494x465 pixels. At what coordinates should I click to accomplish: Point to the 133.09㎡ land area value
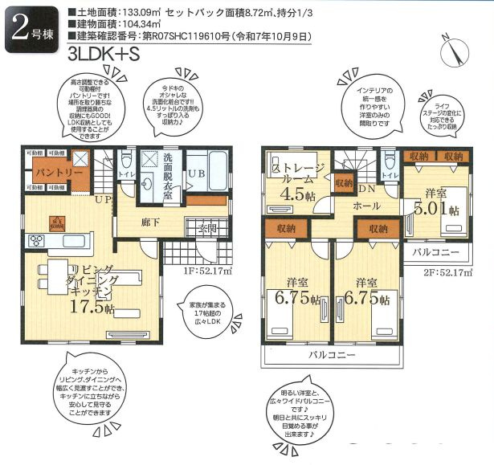coord(135,13)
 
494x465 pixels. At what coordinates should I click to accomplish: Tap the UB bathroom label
coord(197,173)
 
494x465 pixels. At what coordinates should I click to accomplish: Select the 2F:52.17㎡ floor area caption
coord(447,271)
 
